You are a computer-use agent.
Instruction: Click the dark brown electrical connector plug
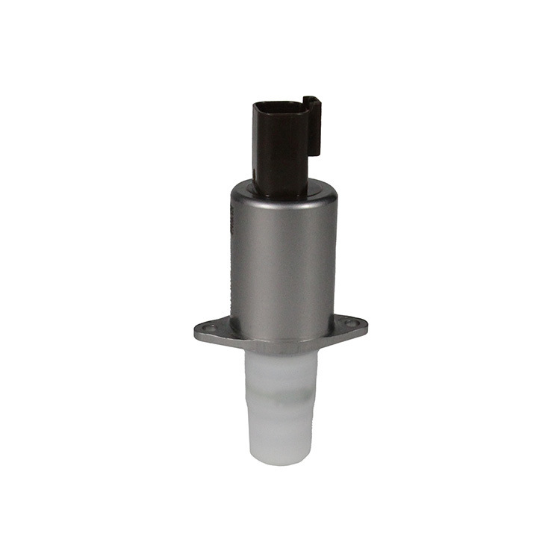[x=280, y=146]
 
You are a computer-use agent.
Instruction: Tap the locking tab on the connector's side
[x=313, y=125]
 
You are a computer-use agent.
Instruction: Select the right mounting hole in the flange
[x=352, y=323]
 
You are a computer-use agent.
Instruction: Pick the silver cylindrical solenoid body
[x=282, y=261]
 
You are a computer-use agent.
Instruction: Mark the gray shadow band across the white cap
[x=281, y=391]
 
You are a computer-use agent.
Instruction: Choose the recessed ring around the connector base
[x=282, y=193]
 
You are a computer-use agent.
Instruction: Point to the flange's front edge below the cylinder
[x=281, y=346]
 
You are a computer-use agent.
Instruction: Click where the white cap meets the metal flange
[x=281, y=354]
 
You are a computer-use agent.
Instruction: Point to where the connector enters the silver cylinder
[x=281, y=190]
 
